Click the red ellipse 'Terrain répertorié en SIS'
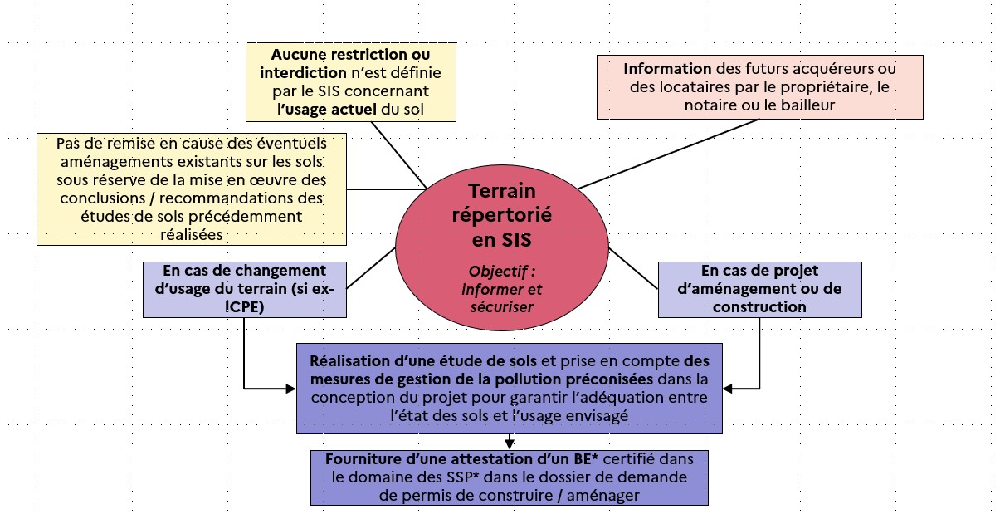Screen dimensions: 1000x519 pos(502,248)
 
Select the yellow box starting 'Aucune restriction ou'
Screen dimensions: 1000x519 pos(351,82)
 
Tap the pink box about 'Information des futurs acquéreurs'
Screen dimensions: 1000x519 pos(760,87)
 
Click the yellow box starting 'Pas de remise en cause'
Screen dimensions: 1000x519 pos(192,189)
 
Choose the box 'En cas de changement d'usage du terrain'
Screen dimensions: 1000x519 pos(245,290)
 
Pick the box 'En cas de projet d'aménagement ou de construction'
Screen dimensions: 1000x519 pos(760,290)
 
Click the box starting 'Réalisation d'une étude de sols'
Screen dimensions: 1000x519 pos(510,388)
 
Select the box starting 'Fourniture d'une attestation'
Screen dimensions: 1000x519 pos(510,477)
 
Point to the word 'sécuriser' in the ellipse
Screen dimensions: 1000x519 pos(502,307)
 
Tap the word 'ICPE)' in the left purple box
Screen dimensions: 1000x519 pos(245,307)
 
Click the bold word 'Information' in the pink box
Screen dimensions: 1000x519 pos(667,69)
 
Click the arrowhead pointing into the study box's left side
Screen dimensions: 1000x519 pos(290,389)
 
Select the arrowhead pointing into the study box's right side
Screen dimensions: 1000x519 pos(728,389)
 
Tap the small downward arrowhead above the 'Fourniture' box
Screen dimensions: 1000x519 pos(510,444)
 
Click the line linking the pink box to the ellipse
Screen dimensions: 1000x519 pos(668,154)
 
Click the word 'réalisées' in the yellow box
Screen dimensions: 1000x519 pos(192,235)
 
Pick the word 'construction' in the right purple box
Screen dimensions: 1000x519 pos(760,307)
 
